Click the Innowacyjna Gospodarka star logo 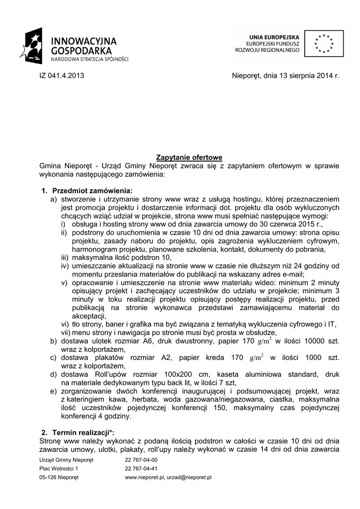point(34,45)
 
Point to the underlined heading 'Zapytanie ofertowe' point(189,158)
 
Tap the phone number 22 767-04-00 point(141,460)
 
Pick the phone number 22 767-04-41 point(141,468)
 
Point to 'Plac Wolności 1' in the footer point(59,468)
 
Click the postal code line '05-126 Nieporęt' point(59,477)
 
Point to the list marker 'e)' point(53,391)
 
